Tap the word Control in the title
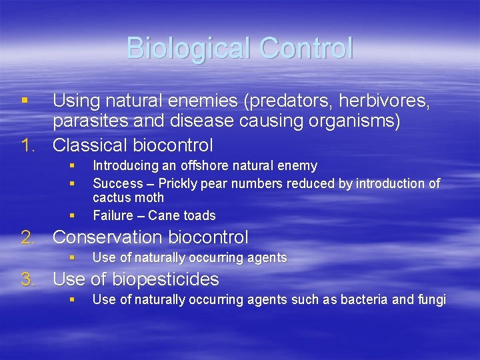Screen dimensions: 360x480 pyautogui.click(x=306, y=48)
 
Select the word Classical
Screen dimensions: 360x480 pyautogui.click(x=92, y=145)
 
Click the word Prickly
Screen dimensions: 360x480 pyautogui.click(x=179, y=183)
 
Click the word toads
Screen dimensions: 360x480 pyautogui.click(x=200, y=215)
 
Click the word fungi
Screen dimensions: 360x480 pyautogui.click(x=432, y=300)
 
